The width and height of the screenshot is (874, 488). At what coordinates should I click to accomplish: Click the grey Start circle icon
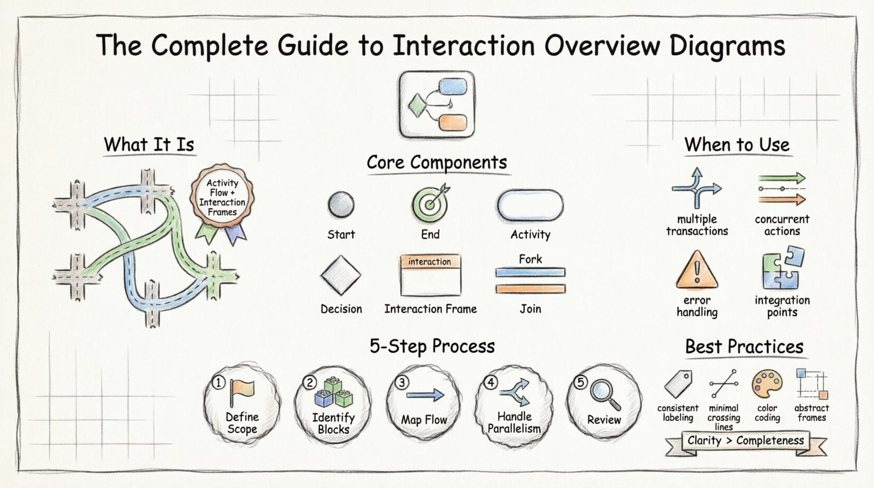coord(341,205)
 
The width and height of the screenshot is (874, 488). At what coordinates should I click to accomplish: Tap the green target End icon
coord(430,204)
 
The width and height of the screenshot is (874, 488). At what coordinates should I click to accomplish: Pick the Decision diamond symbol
coord(341,275)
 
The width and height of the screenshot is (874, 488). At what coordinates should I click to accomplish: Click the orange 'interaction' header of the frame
coord(430,261)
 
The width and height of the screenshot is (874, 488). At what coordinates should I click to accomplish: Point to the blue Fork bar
coord(530,272)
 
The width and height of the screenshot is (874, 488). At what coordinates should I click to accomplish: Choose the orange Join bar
coord(530,289)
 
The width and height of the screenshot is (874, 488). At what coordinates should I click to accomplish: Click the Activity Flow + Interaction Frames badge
coord(222,198)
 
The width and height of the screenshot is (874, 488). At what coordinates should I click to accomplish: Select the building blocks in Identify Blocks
coord(334,393)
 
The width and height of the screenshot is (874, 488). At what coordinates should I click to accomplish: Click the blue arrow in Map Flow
coord(425,395)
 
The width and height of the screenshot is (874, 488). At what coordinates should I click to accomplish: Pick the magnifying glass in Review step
coord(605,394)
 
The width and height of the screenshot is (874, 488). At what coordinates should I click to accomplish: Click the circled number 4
coord(491,382)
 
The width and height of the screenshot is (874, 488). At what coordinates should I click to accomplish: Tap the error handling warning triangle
coord(697,270)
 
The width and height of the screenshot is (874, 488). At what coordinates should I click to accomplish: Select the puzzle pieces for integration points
coord(783,268)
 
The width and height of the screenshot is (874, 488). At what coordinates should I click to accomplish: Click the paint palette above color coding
coord(767,384)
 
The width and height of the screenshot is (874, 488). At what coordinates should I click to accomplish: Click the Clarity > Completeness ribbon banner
coord(745,441)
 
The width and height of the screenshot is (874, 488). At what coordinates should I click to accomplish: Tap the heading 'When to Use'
coord(737,145)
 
